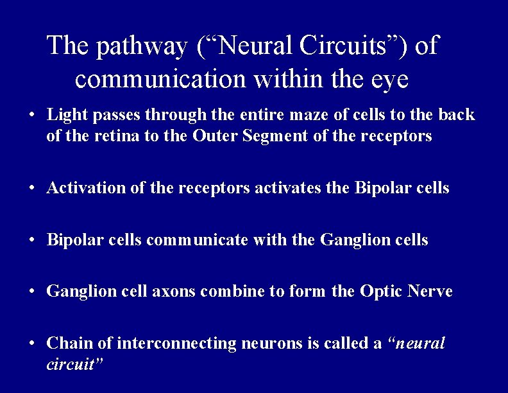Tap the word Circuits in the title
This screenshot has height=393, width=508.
coord(361,46)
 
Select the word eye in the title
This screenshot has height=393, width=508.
coord(389,80)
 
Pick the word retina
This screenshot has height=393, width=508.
coord(112,136)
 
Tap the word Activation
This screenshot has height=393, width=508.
coord(80,188)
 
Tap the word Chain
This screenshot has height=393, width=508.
coord(65,344)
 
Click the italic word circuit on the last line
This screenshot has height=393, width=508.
coord(72,365)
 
